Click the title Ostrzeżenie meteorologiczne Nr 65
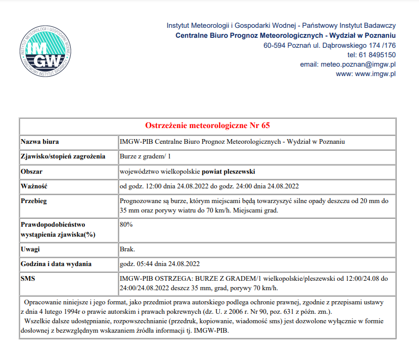[x=207, y=126]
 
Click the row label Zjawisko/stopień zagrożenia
[x=63, y=156]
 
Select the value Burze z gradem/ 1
[x=145, y=156]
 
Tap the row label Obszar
[x=31, y=172]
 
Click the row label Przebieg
[x=35, y=201]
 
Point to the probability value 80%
[x=126, y=225]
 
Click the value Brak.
[x=128, y=249]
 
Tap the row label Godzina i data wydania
[x=56, y=264]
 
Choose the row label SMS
[x=28, y=279]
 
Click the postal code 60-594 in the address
[x=275, y=45]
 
